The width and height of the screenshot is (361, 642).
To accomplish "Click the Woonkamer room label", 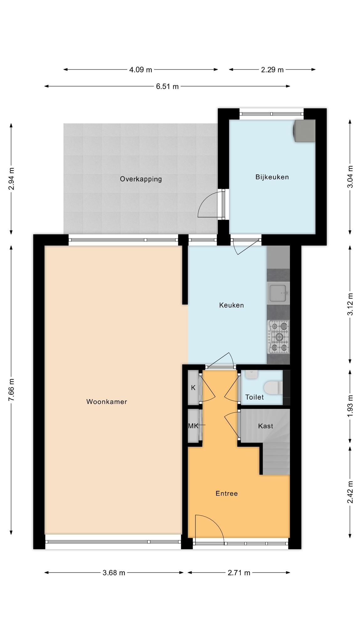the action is click(x=107, y=402).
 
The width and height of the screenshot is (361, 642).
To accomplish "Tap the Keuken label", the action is click(x=231, y=305).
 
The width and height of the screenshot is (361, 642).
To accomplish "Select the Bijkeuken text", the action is click(x=272, y=177).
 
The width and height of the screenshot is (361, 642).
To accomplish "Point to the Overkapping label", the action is click(x=141, y=179).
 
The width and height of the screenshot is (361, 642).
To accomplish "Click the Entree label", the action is click(x=227, y=493).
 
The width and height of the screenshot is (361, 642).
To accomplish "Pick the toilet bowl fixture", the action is click(x=273, y=387).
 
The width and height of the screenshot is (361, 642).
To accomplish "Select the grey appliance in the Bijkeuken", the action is click(x=304, y=131).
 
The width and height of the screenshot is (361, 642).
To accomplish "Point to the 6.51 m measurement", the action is click(x=167, y=87).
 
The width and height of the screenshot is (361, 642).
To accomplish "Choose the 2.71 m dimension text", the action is click(x=239, y=573).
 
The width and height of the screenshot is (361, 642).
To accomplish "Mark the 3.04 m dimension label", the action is click(x=350, y=177).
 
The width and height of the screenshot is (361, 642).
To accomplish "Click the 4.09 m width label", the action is click(x=141, y=70).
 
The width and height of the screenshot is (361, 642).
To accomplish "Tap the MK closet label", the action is click(x=193, y=426).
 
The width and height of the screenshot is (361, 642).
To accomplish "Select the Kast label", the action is click(x=265, y=426).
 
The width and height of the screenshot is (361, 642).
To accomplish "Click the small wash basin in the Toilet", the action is click(x=251, y=374).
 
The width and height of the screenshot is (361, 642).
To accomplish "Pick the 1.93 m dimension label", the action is click(x=350, y=406).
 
